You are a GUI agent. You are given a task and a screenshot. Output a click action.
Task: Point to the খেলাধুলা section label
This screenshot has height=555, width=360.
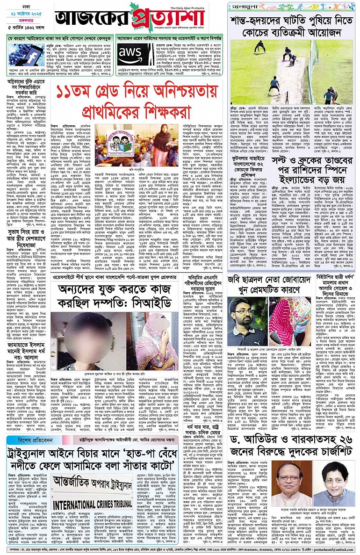[245, 6]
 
